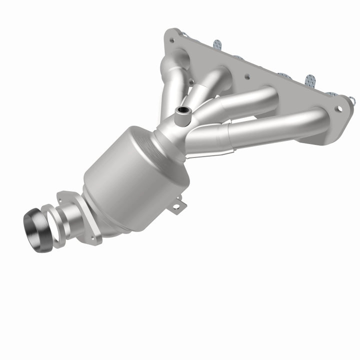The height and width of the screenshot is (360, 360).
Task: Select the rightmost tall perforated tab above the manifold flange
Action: coord(310,80)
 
